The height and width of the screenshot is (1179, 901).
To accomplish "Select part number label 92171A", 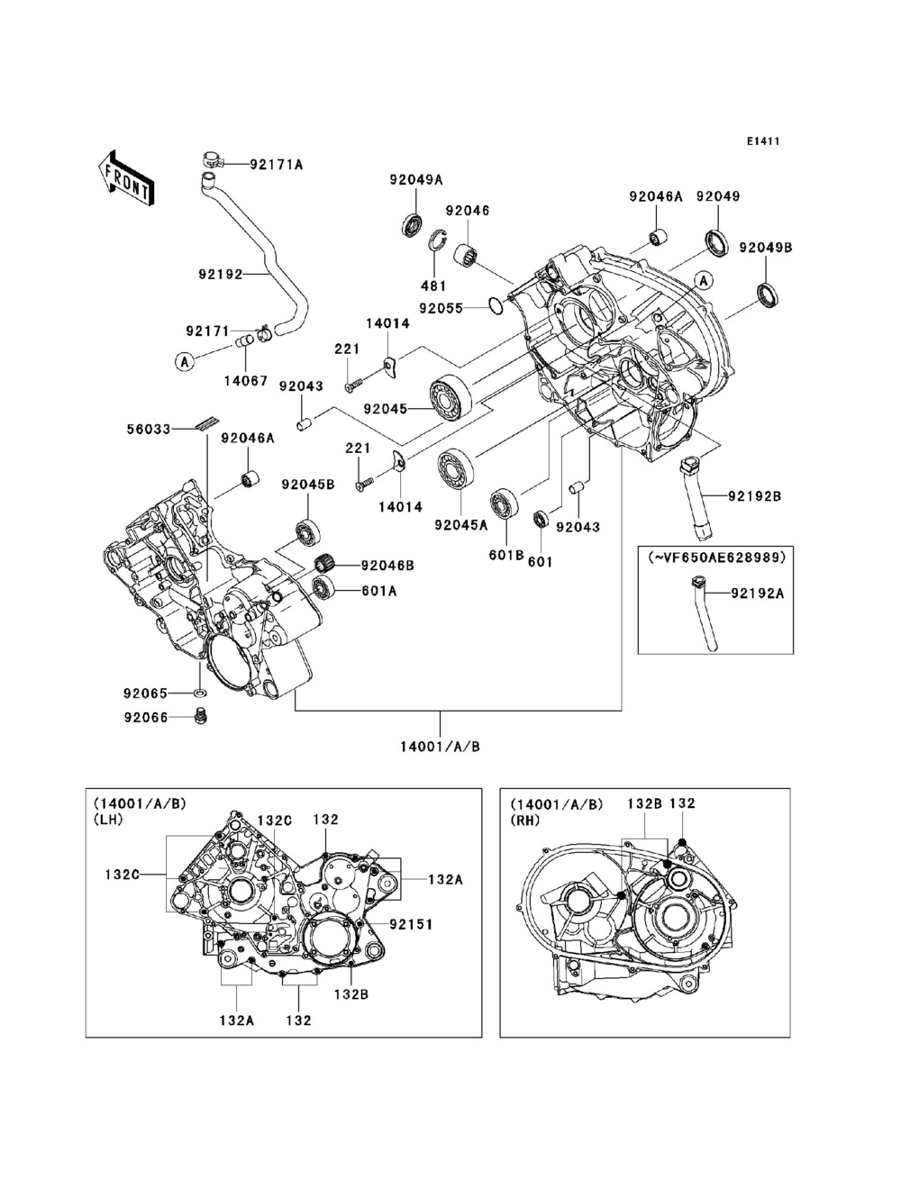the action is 276,164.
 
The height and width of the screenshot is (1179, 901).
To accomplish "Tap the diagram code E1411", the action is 762,141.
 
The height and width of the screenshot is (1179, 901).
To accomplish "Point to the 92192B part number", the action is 755,496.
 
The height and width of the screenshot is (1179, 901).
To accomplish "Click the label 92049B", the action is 766,248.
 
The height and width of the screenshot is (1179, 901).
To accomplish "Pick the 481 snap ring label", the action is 433,286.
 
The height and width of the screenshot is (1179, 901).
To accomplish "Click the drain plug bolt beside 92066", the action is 201,717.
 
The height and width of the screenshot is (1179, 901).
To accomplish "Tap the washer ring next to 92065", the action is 201,694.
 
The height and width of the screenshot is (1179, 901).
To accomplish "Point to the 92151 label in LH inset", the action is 411,924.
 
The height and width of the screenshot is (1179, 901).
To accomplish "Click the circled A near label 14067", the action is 184,362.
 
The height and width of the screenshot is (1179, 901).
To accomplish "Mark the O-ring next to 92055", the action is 496,306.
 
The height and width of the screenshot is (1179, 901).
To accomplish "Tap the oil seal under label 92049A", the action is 413,224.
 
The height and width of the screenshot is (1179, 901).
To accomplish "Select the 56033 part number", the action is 149,429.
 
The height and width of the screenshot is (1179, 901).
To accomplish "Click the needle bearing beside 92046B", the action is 326,565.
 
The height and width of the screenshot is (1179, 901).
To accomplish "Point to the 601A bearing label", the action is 378,591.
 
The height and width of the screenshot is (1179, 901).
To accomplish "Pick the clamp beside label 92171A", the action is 214,159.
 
